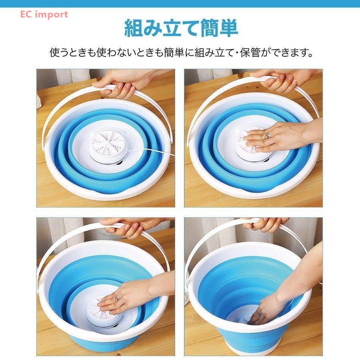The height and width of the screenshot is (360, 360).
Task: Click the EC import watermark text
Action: click(x=44, y=14)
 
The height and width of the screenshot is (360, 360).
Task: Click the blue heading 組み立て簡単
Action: click(x=181, y=28)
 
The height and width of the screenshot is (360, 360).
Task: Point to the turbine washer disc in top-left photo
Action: click(x=108, y=147)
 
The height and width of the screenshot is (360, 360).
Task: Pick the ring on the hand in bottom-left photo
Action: click(x=117, y=298)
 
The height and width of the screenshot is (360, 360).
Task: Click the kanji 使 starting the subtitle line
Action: click(x=55, y=52)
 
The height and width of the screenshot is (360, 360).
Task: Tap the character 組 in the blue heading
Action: click(x=133, y=28)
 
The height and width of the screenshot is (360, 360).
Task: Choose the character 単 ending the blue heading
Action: click(x=229, y=28)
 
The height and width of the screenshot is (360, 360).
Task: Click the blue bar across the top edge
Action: click(x=180, y=4)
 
